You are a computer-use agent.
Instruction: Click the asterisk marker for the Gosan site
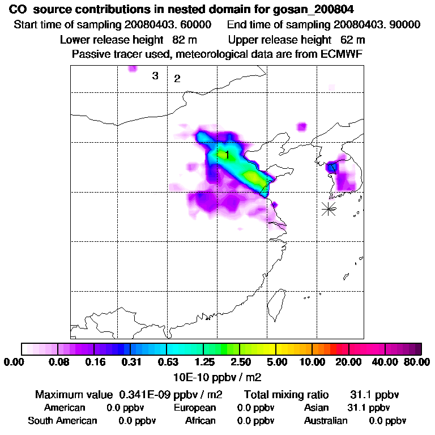(329, 208)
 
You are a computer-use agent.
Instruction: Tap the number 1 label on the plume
(227, 154)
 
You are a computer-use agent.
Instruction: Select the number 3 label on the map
(155, 76)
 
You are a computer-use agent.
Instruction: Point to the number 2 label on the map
(177, 79)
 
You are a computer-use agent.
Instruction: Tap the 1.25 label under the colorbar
(203, 362)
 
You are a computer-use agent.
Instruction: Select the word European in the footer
(195, 408)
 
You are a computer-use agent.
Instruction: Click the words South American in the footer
(62, 421)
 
